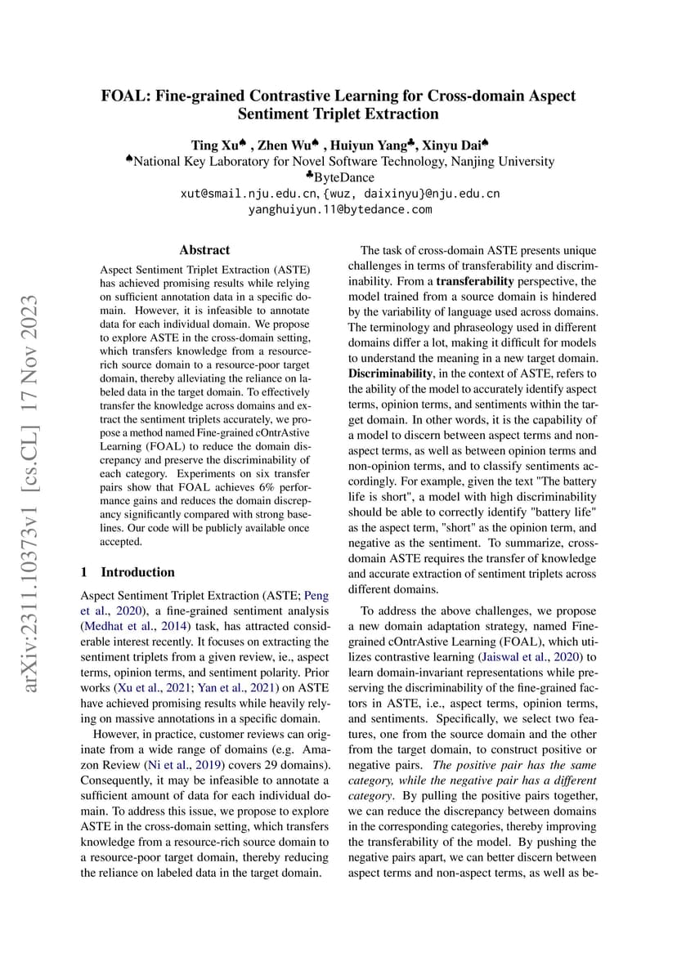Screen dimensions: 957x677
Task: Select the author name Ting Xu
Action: click(214, 145)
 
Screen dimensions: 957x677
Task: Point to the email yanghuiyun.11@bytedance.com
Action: click(339, 210)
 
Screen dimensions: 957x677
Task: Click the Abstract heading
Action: click(204, 250)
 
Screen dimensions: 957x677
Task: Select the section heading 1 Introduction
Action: click(128, 572)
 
